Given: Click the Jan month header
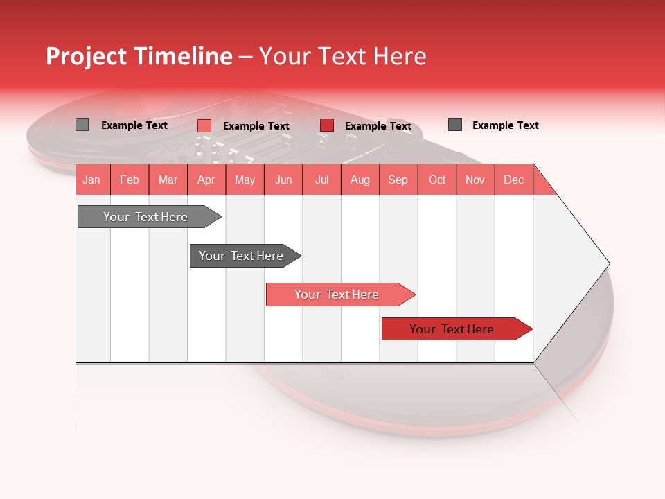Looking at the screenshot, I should (x=92, y=180).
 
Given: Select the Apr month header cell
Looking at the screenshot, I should (x=206, y=180).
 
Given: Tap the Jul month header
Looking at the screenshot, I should (x=321, y=180).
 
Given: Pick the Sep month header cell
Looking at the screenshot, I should (x=398, y=180).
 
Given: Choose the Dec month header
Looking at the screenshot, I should (x=513, y=180).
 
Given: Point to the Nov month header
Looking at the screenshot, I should (x=475, y=180).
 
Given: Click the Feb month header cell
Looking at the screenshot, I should (x=130, y=180).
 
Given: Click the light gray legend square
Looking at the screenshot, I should (x=82, y=125).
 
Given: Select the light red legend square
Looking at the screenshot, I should (x=204, y=125).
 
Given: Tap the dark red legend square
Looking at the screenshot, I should (x=327, y=125).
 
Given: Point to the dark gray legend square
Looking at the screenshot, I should (x=455, y=125).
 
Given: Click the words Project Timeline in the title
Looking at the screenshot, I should (x=139, y=56).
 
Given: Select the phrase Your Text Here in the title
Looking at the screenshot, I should (x=342, y=56).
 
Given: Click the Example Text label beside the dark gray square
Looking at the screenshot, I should (x=505, y=125).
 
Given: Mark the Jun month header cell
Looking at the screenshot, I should (x=283, y=180).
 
